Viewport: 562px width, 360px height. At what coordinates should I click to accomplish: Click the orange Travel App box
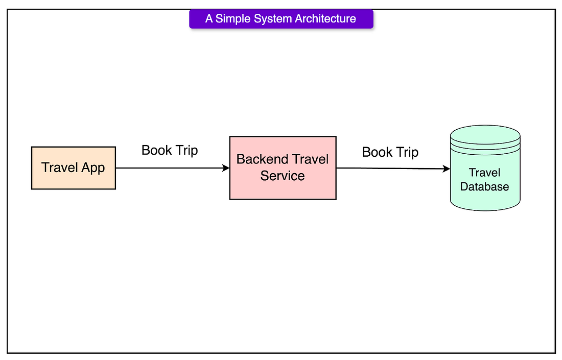(74, 168)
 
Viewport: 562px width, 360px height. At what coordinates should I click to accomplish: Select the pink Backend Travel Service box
(283, 168)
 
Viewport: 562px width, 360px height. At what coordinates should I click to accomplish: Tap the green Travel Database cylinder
(485, 168)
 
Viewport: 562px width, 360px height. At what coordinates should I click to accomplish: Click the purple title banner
(282, 19)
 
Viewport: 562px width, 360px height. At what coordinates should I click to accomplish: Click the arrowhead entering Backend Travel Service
(226, 168)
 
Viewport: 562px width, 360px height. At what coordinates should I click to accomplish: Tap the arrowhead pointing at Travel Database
(447, 169)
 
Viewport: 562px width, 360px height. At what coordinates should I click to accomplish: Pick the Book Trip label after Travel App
(170, 151)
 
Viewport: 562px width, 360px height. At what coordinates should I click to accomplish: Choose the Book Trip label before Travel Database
(390, 152)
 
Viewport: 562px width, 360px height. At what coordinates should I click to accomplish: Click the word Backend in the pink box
(263, 159)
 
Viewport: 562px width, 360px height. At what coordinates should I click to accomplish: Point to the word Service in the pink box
(283, 176)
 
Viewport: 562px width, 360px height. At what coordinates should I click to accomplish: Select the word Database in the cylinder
(484, 186)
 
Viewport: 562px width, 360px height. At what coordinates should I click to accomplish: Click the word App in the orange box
(93, 168)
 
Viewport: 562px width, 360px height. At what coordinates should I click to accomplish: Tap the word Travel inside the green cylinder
(484, 173)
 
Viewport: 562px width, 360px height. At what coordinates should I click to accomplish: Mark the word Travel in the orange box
(60, 167)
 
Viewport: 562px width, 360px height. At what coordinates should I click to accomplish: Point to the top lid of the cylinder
(485, 134)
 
